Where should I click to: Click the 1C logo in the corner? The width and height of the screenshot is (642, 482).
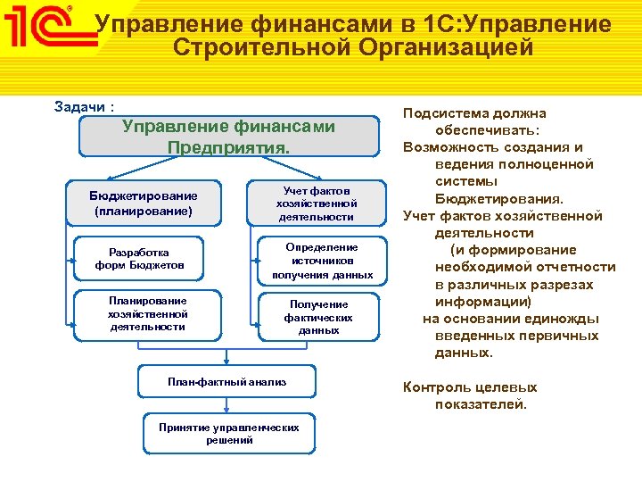[x=40, y=26]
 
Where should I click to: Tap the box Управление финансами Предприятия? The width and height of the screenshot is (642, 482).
[x=228, y=137]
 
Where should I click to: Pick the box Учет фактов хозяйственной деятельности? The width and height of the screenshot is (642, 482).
[x=317, y=204]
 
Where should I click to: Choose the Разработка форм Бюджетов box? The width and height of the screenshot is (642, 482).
[x=139, y=259]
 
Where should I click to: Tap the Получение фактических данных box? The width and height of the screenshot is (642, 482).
[x=318, y=317]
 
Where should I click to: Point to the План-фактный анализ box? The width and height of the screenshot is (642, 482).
[x=227, y=382]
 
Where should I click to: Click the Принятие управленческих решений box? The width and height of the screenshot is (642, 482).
[x=228, y=434]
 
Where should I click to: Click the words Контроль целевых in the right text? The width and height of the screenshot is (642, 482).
[x=470, y=387]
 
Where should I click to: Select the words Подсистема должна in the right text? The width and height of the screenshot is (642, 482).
[x=474, y=113]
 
